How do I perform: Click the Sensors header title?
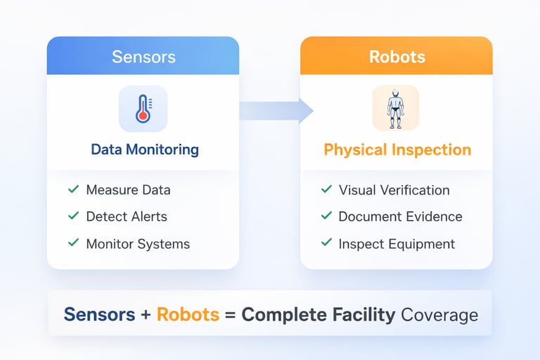pos(143,56)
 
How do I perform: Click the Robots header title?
pos(397,56)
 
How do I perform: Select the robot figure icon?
pos(395,108)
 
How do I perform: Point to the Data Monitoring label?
pos(145,150)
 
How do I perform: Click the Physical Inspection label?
pos(397,150)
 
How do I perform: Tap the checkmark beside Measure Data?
pos(72,189)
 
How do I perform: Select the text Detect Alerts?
pos(127,217)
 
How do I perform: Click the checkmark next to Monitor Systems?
pos(72,243)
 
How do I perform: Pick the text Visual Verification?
pos(394,190)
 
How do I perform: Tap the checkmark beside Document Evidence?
pos(326,216)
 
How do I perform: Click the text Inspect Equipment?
pos(397,244)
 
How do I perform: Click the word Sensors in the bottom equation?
pos(99,314)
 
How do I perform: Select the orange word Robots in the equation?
pos(188,314)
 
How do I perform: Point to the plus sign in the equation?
pos(146,315)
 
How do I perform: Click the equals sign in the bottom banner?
pos(230,315)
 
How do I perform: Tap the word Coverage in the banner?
pos(439,314)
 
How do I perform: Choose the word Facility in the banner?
pos(362,314)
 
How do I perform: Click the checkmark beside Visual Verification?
pos(326,189)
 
